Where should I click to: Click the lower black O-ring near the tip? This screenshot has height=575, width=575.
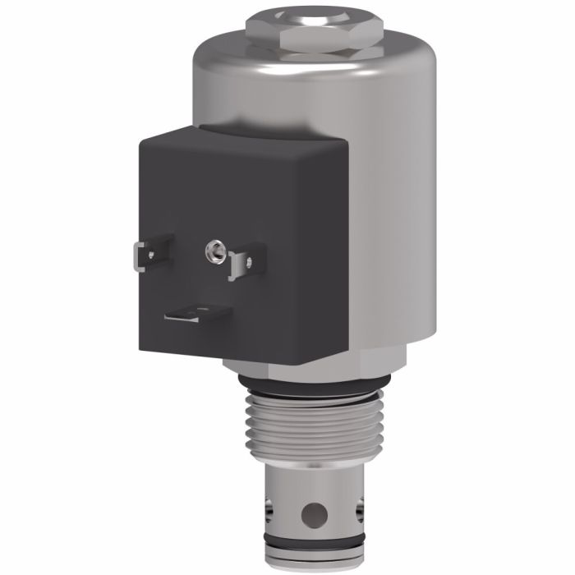(312, 544)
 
